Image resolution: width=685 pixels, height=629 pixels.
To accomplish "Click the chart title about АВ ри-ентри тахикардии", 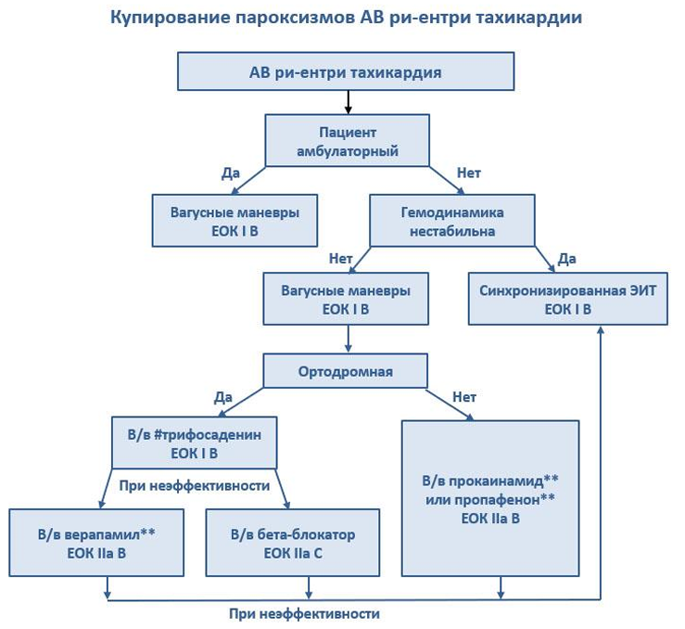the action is click(x=346, y=18).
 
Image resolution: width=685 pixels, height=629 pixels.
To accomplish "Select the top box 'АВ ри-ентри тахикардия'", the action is click(x=346, y=71).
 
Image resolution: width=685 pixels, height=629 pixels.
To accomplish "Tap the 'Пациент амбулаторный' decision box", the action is click(x=348, y=141).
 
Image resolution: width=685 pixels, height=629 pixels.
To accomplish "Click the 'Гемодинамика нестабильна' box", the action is click(x=452, y=221).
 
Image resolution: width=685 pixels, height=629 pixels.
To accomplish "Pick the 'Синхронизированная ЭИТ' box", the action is click(x=568, y=299).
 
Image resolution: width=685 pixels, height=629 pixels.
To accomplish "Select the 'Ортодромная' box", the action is click(x=345, y=371).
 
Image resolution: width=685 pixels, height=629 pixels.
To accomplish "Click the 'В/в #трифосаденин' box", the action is click(x=195, y=443).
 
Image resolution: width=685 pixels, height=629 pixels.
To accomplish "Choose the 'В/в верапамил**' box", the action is click(x=96, y=543).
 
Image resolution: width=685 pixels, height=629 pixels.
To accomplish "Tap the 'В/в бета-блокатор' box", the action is click(x=293, y=543).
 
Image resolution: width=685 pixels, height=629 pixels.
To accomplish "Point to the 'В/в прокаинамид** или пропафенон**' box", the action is click(x=490, y=498).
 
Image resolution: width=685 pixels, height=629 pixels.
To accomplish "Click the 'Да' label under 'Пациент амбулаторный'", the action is click(x=231, y=173).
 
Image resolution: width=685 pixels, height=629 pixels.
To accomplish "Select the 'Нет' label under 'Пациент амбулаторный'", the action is click(x=468, y=173).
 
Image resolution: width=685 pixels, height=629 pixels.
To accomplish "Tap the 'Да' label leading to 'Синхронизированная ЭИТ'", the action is click(x=566, y=259).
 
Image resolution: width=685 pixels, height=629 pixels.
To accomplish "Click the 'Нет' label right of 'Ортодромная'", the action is click(x=464, y=397).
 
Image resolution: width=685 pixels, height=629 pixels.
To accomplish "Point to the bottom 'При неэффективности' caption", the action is click(x=304, y=614).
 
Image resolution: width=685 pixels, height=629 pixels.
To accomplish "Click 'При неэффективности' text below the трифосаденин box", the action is click(x=195, y=485).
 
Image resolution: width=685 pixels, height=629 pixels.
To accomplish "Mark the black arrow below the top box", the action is click(x=348, y=102).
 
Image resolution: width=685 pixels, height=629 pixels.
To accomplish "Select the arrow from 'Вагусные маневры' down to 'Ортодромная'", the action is click(x=348, y=339).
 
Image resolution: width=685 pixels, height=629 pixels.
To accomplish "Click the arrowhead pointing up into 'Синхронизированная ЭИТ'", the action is click(x=601, y=329).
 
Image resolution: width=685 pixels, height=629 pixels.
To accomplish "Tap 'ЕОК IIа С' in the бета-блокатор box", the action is click(x=293, y=553).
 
